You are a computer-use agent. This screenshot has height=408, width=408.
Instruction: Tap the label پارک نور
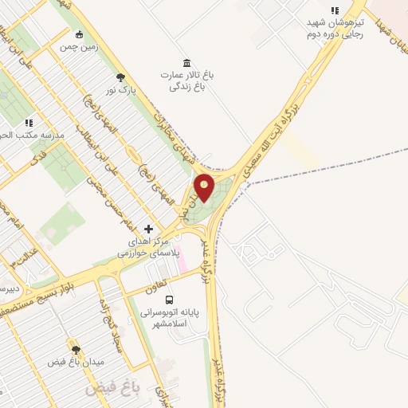click(122, 91)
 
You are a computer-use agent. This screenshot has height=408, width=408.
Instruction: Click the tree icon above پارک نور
click(120, 78)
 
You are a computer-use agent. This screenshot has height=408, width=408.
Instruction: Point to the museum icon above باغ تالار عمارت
click(186, 63)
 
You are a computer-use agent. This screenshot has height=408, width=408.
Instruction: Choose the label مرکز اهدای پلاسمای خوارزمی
click(149, 246)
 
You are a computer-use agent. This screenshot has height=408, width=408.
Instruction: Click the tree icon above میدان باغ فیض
click(76, 349)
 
